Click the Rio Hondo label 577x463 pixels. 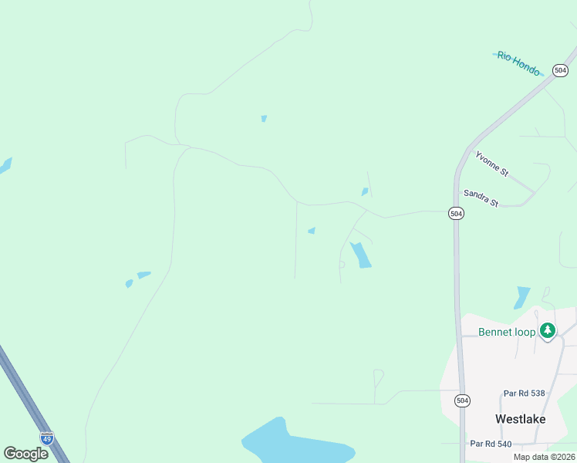tap(518, 63)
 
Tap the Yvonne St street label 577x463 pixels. tap(491, 164)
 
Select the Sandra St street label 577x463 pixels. tap(480, 198)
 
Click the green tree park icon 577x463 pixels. tap(548, 331)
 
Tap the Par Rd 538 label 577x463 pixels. tap(524, 394)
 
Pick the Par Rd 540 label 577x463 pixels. tap(491, 444)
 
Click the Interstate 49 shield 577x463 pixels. tap(47, 438)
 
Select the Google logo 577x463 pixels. tap(25, 453)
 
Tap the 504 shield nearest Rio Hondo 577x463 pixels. tap(561, 69)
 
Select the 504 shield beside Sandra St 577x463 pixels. tap(456, 213)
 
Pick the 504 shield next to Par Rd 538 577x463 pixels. tap(461, 400)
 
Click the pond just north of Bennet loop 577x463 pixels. tap(522, 297)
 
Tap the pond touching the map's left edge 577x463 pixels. tap(5, 165)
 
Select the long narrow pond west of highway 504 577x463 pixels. tap(360, 255)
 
